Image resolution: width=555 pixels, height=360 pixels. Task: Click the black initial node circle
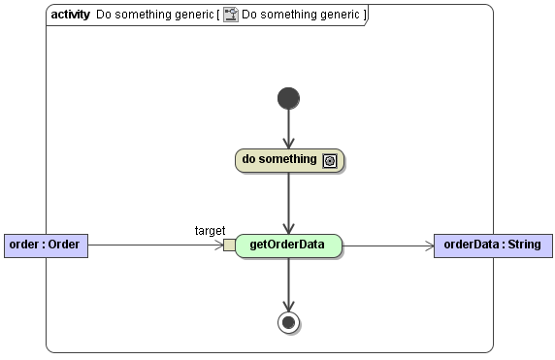pyautogui.click(x=288, y=98)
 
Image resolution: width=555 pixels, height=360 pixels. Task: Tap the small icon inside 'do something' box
pyautogui.click(x=330, y=161)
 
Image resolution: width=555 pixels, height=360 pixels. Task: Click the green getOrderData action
pyautogui.click(x=288, y=245)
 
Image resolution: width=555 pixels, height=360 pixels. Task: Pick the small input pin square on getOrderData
pyautogui.click(x=229, y=245)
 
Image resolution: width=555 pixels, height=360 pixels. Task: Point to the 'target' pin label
pyautogui.click(x=210, y=230)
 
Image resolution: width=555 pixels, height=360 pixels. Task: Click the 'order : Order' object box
pyautogui.click(x=46, y=245)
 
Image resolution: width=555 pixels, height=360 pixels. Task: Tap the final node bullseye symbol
pyautogui.click(x=288, y=322)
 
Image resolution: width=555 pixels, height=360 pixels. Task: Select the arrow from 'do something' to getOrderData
pyautogui.click(x=288, y=202)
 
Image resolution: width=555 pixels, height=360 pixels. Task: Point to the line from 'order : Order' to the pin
pyautogui.click(x=155, y=245)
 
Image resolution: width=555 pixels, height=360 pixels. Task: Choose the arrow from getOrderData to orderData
pyautogui.click(x=388, y=245)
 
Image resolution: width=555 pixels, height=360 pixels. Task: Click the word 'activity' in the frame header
pyautogui.click(x=70, y=16)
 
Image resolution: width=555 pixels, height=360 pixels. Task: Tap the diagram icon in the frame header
pyautogui.click(x=231, y=16)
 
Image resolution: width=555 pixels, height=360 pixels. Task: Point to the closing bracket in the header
pyautogui.click(x=364, y=16)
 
